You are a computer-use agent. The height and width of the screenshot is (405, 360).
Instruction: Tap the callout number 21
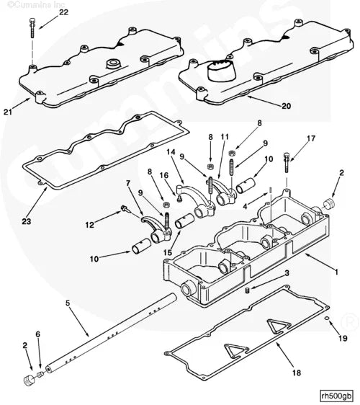pyautogui.click(x=8, y=112)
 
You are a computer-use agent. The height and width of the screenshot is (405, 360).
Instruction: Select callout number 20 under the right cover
pyautogui.click(x=286, y=106)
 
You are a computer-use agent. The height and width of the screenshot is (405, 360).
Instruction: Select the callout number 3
pyautogui.click(x=287, y=274)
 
